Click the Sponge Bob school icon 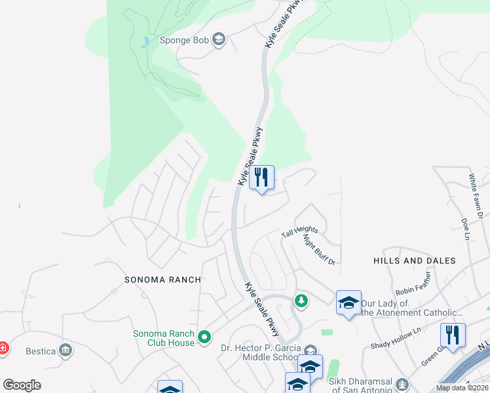(x=218, y=41)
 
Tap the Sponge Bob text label (x=185, y=41)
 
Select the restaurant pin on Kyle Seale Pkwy (x=261, y=177)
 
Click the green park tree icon (x=301, y=301)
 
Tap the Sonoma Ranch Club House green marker (x=204, y=338)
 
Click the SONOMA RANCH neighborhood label (x=163, y=280)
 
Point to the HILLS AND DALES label (x=415, y=261)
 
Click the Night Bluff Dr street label (x=319, y=250)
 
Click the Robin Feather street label (x=413, y=289)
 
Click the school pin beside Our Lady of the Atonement (x=349, y=303)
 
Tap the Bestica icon (x=65, y=351)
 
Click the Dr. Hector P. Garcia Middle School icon (x=310, y=350)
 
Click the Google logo (x=22, y=385)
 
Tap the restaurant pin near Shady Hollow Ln (x=453, y=335)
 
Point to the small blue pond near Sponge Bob (x=143, y=43)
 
